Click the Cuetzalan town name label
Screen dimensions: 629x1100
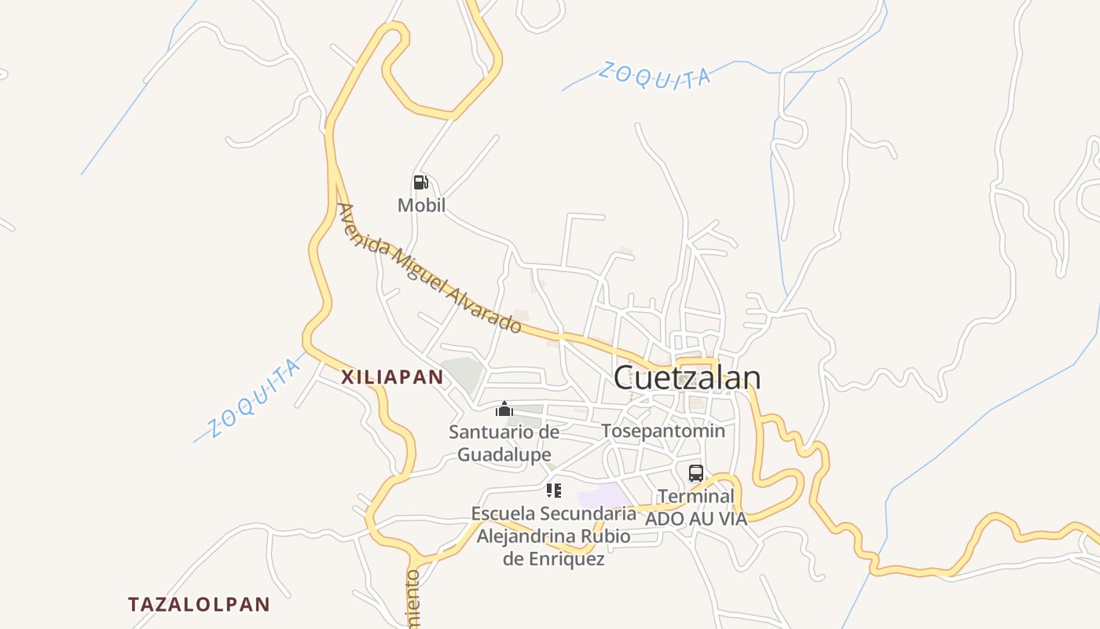click(687, 378)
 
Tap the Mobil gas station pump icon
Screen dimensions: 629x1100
click(421, 183)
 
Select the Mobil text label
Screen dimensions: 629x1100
click(421, 206)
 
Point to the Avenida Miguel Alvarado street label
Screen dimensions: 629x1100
click(429, 268)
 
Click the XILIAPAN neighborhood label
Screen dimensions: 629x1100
click(393, 377)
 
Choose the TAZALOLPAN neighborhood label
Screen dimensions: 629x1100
click(199, 605)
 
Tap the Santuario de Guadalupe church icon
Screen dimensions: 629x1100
click(504, 409)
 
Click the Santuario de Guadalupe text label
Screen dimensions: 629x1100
click(504, 443)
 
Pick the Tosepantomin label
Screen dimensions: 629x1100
click(663, 431)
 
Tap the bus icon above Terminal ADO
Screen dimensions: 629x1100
click(696, 473)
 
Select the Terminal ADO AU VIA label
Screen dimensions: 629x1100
click(696, 507)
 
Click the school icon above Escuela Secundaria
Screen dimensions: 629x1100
click(554, 491)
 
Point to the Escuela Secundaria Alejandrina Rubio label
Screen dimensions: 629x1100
click(554, 536)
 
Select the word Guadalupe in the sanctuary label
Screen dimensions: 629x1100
click(504, 454)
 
